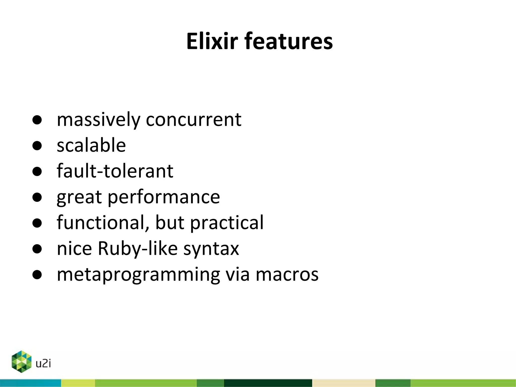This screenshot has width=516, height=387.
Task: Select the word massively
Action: click(x=98, y=120)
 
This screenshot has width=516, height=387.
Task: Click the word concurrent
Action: click(x=193, y=120)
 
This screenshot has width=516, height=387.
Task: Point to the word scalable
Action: click(x=91, y=145)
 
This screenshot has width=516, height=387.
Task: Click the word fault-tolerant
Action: click(x=115, y=171)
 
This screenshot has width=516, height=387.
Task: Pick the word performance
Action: click(x=164, y=197)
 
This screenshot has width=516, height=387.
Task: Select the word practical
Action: click(x=227, y=223)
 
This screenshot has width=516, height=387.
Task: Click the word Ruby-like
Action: click(x=138, y=249)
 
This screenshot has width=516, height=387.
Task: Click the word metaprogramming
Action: click(x=138, y=275)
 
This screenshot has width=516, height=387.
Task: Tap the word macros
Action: click(x=287, y=274)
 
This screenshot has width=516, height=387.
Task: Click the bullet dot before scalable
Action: click(x=37, y=146)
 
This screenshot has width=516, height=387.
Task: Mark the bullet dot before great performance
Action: click(x=37, y=197)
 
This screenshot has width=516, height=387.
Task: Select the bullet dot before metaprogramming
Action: click(x=37, y=275)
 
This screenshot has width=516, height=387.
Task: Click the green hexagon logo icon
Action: click(x=22, y=362)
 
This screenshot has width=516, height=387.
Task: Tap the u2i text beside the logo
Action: click(x=43, y=364)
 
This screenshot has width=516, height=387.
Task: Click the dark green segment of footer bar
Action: click(x=268, y=383)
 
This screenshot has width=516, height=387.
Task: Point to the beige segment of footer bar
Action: click(x=343, y=383)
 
